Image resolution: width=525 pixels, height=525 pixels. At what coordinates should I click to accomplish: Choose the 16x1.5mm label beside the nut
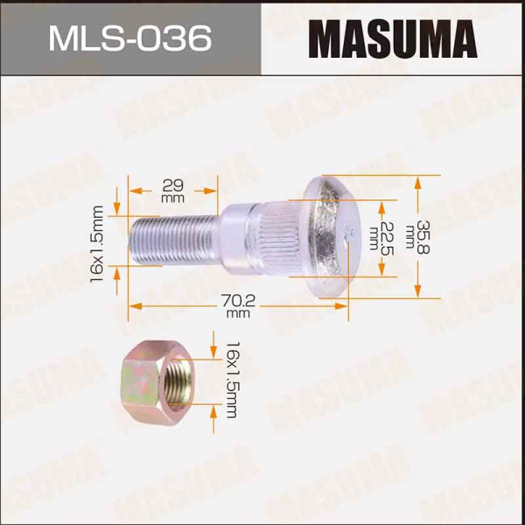pyautogui.click(x=233, y=379)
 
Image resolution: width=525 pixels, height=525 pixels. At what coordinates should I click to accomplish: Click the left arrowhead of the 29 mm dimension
pyautogui.click(x=133, y=188)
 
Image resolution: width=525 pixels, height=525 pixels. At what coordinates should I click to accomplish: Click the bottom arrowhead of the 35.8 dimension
pyautogui.click(x=417, y=293)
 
